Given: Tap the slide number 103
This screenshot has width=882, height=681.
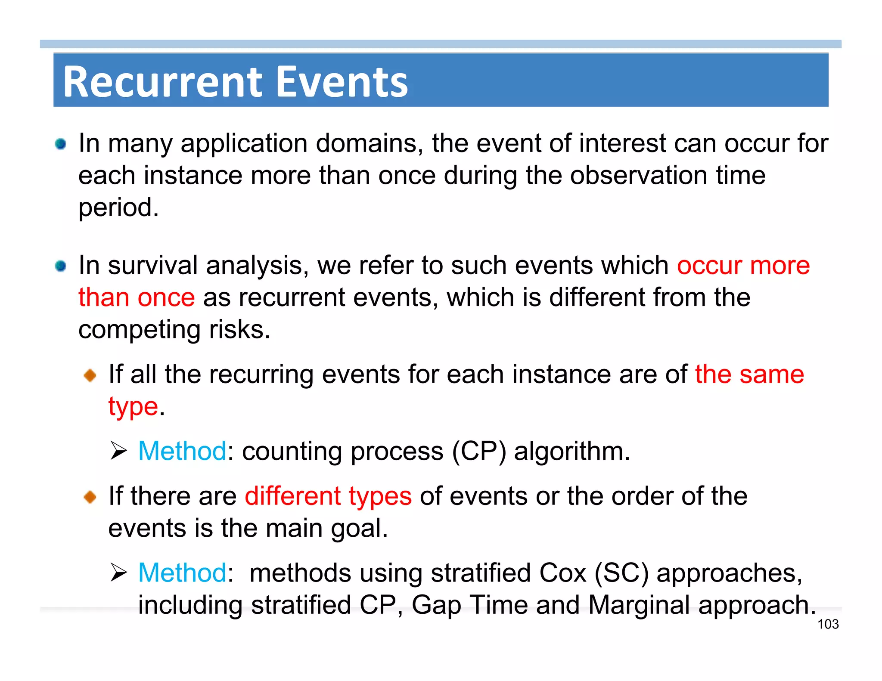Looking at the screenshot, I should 828,624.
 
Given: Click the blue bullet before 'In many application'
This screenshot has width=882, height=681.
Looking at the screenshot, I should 61,144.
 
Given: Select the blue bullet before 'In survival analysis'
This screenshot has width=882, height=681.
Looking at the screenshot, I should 61,266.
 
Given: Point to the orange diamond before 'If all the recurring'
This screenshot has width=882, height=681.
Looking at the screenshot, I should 90,375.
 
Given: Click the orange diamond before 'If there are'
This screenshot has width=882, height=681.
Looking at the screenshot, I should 90,497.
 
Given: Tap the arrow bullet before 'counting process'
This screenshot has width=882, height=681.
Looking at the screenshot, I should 118,451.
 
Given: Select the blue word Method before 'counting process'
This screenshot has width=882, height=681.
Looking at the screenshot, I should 182,451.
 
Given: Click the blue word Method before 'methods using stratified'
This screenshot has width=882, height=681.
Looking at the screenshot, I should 182,573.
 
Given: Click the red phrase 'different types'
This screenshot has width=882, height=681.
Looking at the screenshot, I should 328,496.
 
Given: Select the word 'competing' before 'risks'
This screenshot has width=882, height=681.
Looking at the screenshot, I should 140,331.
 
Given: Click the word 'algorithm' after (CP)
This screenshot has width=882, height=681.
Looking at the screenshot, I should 568,451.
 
